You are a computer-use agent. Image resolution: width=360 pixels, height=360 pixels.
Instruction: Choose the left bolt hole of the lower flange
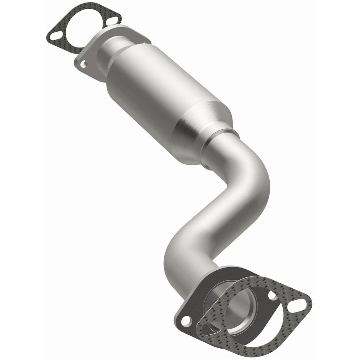coord(186,321)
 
